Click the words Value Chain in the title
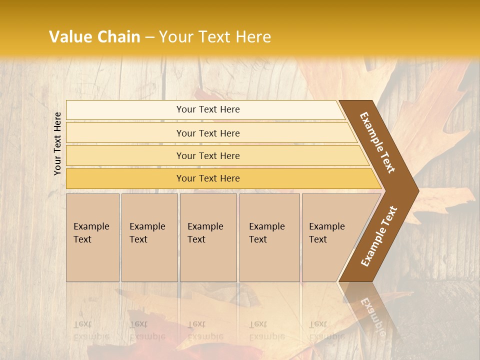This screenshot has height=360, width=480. click(x=94, y=37)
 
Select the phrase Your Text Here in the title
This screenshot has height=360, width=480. click(x=215, y=37)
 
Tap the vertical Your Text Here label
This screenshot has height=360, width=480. click(x=57, y=143)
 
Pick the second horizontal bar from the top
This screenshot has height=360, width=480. click(x=207, y=133)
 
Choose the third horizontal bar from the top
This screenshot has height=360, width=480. click(x=207, y=155)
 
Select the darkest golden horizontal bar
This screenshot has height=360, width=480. click(x=207, y=178)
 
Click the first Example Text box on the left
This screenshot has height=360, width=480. click(x=92, y=237)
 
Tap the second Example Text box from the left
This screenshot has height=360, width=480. click(x=149, y=237)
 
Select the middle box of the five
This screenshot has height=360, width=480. click(x=208, y=237)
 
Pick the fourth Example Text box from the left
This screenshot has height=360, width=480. click(x=269, y=237)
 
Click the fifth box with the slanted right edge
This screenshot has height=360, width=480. click(x=330, y=237)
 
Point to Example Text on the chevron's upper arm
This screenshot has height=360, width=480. click(x=377, y=142)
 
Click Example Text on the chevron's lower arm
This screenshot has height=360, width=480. click(x=379, y=236)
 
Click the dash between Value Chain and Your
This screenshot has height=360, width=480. click(x=149, y=37)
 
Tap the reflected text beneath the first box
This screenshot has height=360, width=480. click(x=91, y=330)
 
